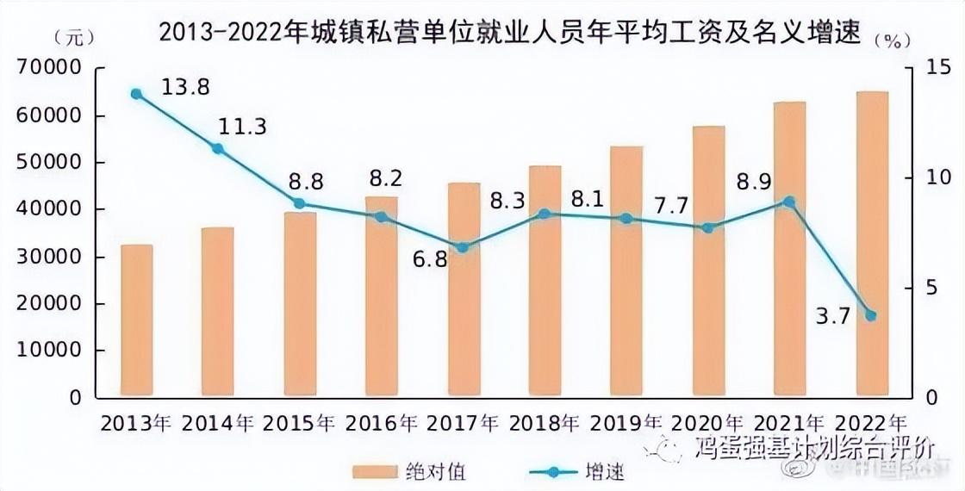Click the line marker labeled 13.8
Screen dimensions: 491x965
136,94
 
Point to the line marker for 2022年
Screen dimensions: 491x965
871,316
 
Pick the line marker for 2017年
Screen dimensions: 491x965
463,247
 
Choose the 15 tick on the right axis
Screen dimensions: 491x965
927,69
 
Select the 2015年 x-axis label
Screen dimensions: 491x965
300,424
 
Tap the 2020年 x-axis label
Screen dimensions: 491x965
708,424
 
